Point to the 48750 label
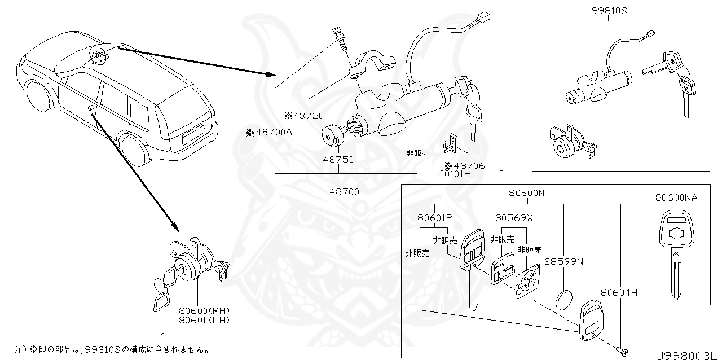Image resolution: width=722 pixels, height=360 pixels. coord(338,160)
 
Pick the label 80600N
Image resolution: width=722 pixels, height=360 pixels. coord(526,193)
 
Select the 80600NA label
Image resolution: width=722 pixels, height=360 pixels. coord(676,197)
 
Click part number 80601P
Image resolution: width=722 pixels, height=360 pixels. coord(435,217)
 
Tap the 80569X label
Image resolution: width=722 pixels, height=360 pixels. coord(514,217)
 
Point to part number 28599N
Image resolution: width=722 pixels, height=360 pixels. coord(564,262)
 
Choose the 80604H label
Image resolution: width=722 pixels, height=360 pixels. coord(618,292)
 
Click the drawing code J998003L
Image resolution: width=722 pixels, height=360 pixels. coord(688,354)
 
